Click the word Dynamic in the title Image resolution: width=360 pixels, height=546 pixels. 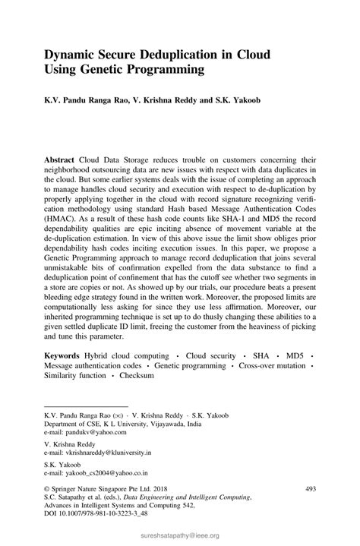click(x=73, y=55)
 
